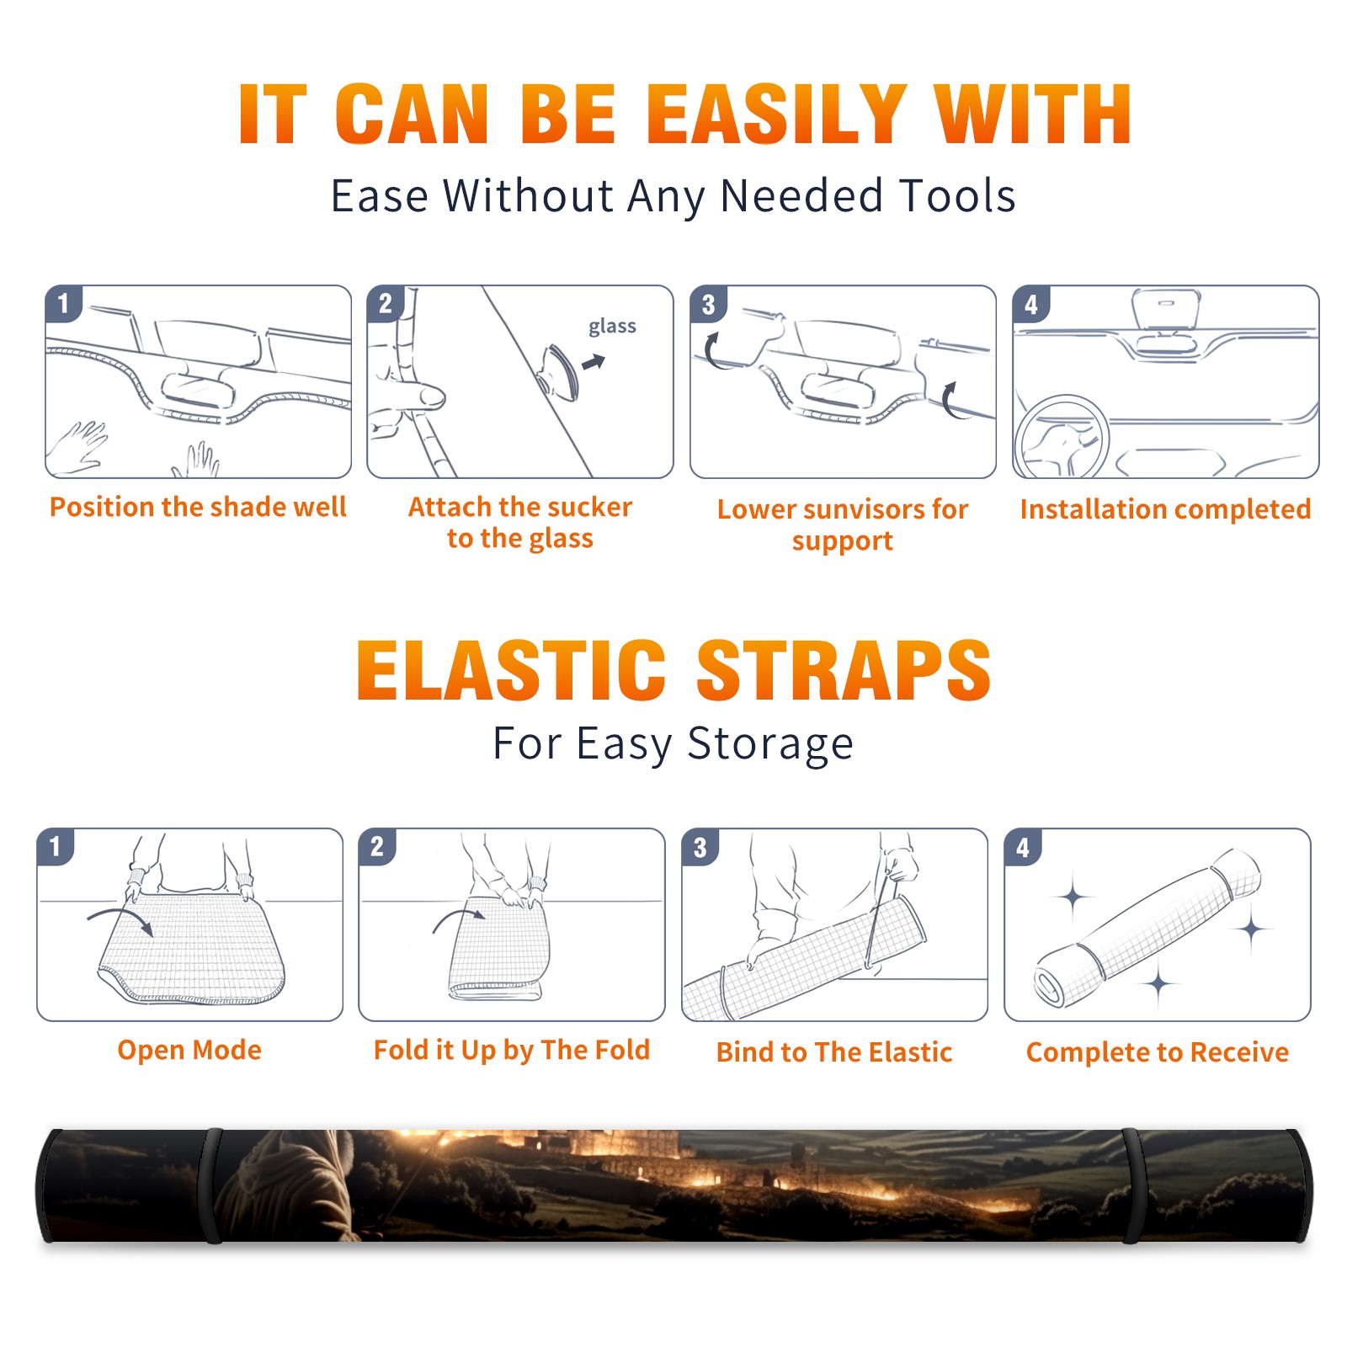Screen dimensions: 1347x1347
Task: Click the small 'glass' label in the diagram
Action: click(612, 327)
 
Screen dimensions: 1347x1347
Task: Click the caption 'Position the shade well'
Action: click(198, 507)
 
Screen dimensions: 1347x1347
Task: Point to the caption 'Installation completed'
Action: click(1165, 509)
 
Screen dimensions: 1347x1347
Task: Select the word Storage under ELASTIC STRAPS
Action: click(770, 745)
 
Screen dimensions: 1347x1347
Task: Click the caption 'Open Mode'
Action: click(189, 1050)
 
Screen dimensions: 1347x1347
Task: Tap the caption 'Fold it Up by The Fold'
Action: click(512, 1050)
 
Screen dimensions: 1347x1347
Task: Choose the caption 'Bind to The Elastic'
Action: click(834, 1052)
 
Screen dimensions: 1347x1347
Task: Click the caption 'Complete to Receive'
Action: click(1158, 1052)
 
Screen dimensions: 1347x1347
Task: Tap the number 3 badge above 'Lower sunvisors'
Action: click(708, 305)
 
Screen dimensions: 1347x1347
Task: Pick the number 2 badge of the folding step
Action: click(377, 846)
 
